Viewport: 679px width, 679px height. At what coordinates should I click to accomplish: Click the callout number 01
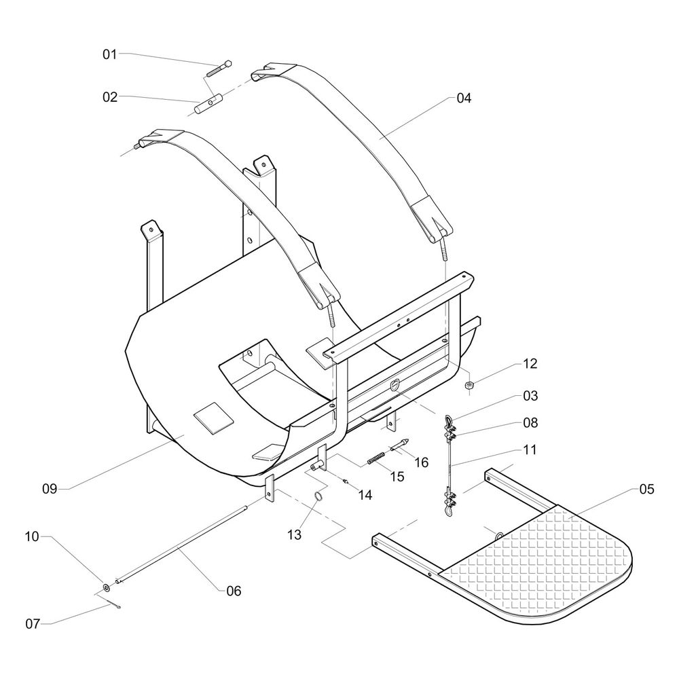[x=110, y=54]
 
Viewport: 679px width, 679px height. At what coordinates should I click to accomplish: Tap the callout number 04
[x=464, y=98]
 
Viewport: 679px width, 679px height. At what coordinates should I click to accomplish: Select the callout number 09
[x=49, y=487]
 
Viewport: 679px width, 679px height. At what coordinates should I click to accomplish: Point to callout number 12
[x=530, y=364]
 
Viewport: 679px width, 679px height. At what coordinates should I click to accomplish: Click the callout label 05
[x=646, y=490]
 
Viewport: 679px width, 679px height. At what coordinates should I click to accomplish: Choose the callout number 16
[x=421, y=462]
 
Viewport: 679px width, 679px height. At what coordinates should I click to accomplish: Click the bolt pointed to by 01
[x=219, y=68]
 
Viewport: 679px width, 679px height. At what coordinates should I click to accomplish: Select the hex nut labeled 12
[x=469, y=386]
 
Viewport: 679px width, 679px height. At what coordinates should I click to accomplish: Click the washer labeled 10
[x=107, y=587]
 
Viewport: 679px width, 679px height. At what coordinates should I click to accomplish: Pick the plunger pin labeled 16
[x=399, y=445]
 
